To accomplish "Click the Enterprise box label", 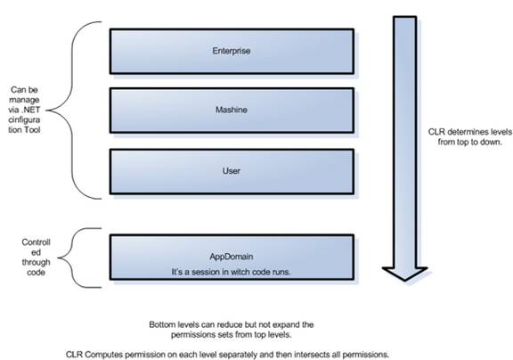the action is coord(232,51).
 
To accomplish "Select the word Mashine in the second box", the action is coord(232,110).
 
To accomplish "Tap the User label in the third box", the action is coord(232,171).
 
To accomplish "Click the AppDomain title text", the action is coord(232,257).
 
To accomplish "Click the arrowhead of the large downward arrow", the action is coord(404,274).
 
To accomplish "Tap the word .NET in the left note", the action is coord(31,110).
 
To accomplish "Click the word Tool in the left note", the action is coord(32,130).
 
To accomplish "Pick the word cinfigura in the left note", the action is coord(24,119).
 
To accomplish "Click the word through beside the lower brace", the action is coord(36,263).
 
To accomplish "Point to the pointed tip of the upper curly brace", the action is coord(47,110).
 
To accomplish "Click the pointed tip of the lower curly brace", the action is coord(59,258).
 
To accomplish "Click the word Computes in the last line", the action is coord(104,355).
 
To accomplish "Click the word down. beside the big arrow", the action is coord(492,142).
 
